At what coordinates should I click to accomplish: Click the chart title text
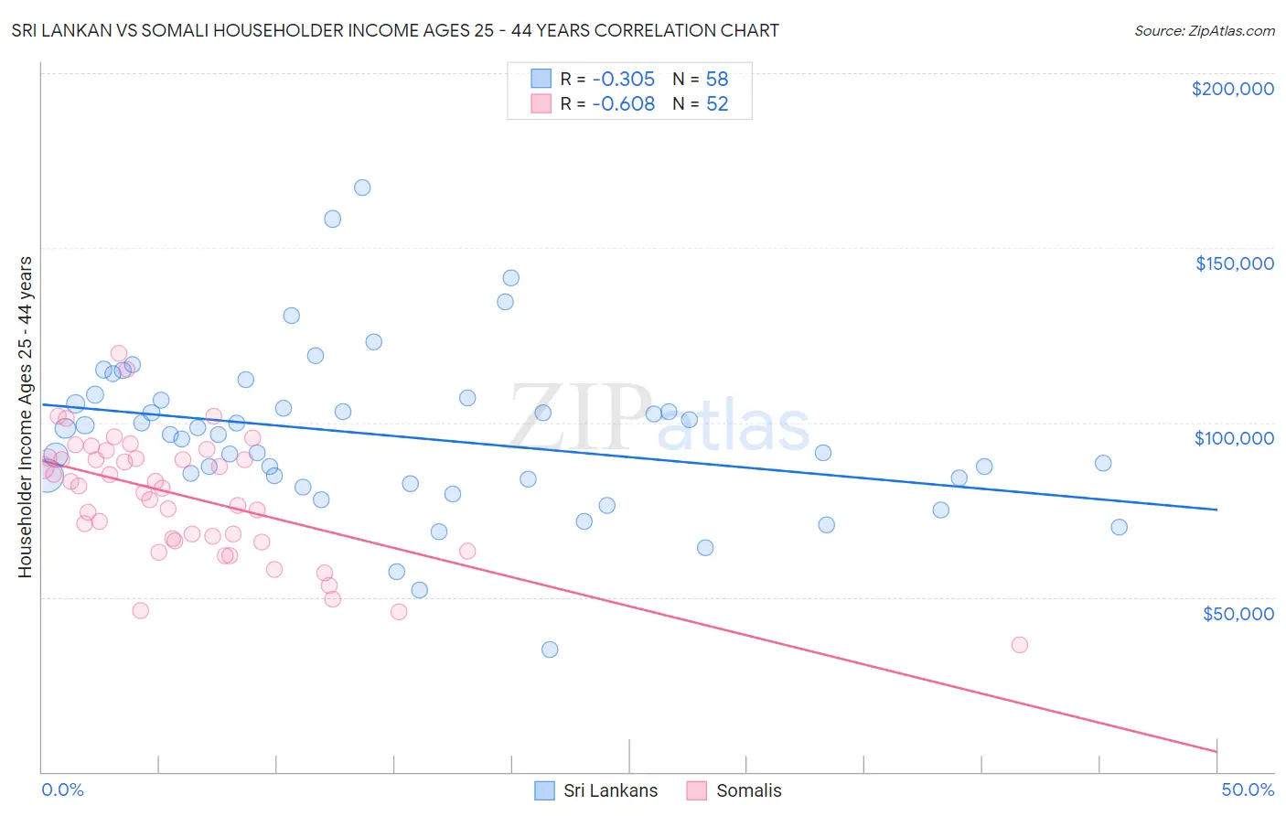(395, 30)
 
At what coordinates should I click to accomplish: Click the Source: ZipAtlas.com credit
(1204, 31)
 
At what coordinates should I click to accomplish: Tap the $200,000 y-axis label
(1232, 89)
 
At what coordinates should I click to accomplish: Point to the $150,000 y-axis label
(1234, 263)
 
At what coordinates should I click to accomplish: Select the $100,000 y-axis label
(1234, 438)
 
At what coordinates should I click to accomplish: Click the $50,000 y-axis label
(1238, 613)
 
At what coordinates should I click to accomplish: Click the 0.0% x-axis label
(62, 789)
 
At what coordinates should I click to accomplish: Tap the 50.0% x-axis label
(1248, 789)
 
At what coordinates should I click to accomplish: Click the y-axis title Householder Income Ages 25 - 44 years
(25, 417)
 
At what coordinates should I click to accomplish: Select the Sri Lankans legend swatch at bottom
(544, 790)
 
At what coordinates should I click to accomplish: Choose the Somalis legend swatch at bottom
(697, 790)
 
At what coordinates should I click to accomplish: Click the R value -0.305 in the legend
(623, 79)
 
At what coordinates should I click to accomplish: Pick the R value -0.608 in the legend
(623, 104)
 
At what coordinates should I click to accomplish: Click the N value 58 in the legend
(717, 79)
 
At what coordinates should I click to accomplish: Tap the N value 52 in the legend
(717, 104)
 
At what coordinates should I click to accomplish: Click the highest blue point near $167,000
(362, 188)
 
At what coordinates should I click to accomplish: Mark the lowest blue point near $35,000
(550, 650)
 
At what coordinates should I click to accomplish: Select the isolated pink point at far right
(1020, 645)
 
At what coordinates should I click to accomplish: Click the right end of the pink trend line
(1216, 751)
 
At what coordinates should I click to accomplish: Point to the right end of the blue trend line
(1216, 509)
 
